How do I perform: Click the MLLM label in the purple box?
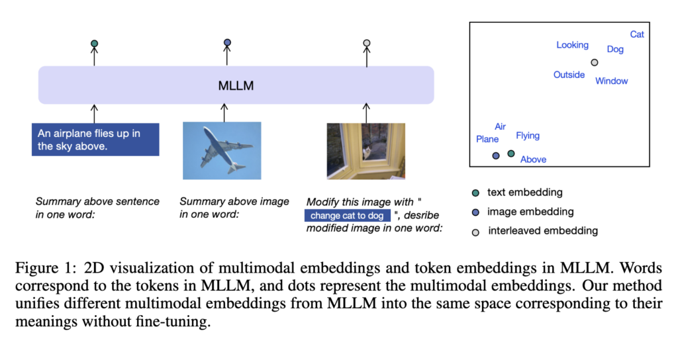[x=236, y=85]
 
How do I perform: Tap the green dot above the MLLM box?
[x=94, y=43]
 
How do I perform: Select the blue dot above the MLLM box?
[x=228, y=42]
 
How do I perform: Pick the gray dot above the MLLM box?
[x=367, y=43]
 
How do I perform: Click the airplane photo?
[x=222, y=150]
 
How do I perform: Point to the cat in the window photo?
[x=367, y=152]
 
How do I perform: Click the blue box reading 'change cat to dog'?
[x=347, y=215]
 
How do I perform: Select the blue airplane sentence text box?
[x=95, y=140]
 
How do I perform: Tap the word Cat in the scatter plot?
[x=637, y=34]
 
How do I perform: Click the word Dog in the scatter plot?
[x=615, y=49]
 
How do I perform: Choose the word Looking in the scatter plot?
[x=573, y=45]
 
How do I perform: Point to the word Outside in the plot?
[x=569, y=75]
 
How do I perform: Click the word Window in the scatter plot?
[x=611, y=81]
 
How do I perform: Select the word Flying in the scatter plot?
[x=528, y=136]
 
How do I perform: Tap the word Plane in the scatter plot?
[x=487, y=139]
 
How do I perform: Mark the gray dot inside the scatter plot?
[x=595, y=63]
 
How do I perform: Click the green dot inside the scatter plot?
[x=511, y=154]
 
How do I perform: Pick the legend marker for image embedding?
[x=475, y=212]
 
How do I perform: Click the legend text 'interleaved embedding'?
[x=543, y=231]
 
